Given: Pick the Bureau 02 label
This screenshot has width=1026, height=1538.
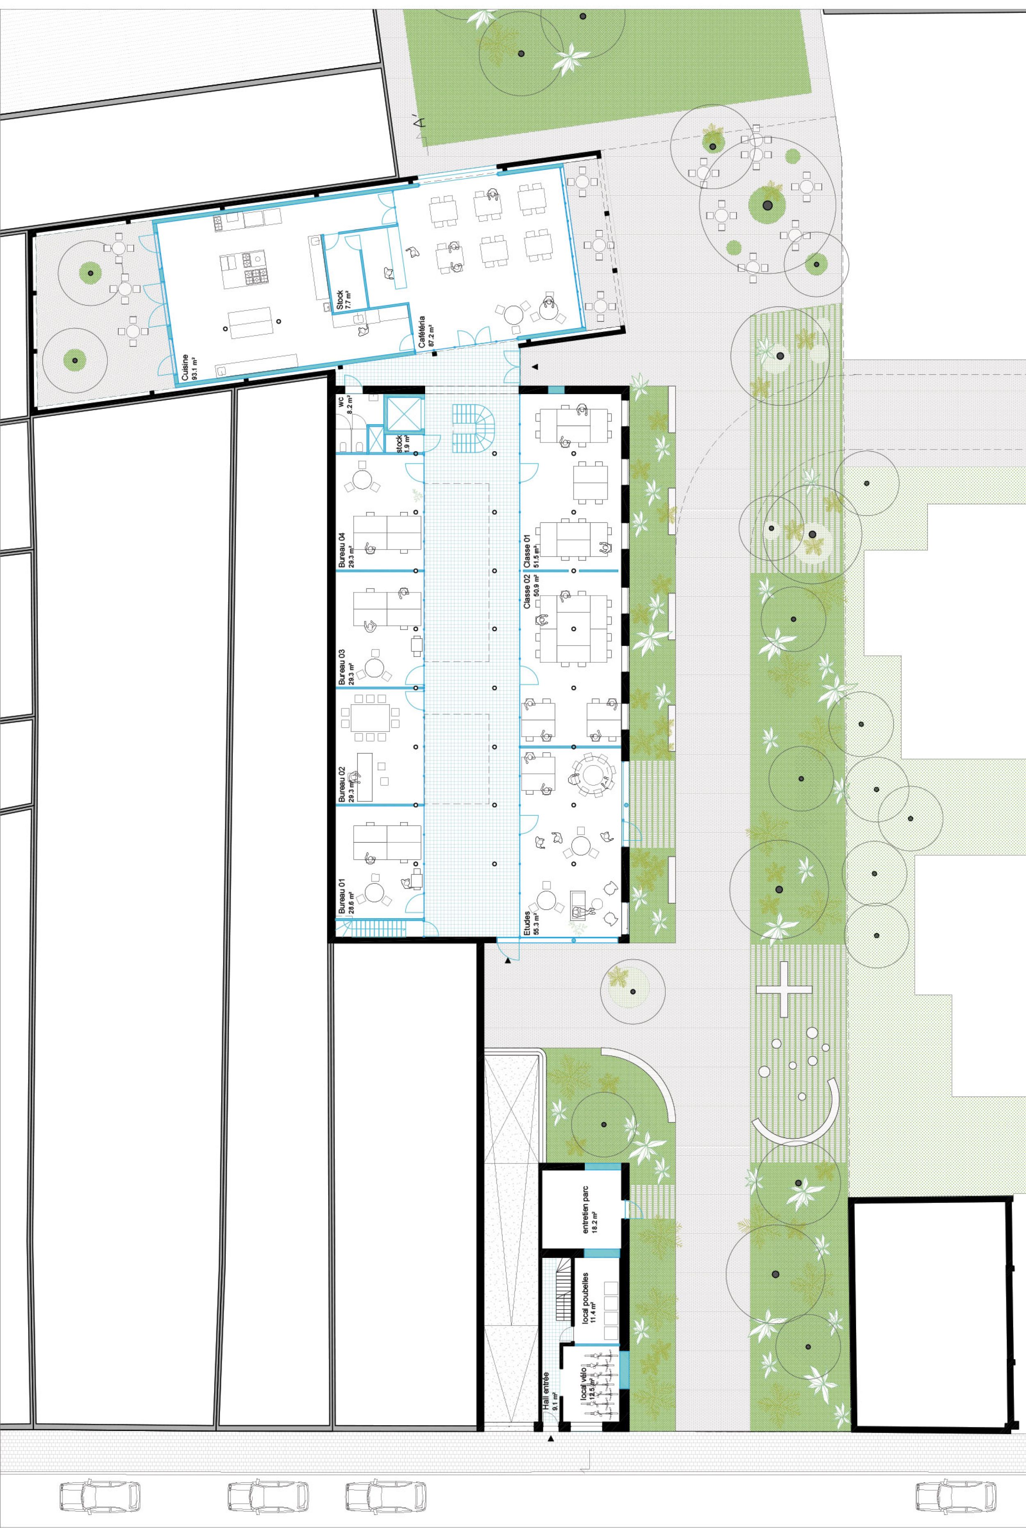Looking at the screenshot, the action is (341, 785).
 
